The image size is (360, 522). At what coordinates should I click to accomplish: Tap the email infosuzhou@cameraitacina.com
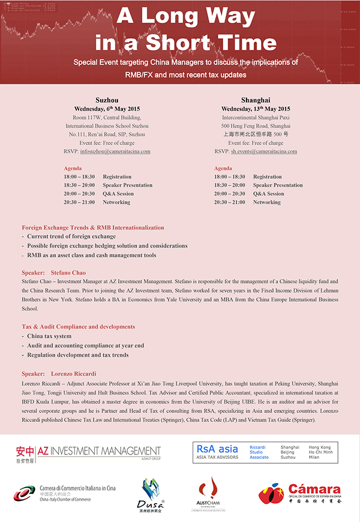pyautogui.click(x=115, y=151)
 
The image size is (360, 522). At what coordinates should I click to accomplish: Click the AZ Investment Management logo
pyautogui.click(x=88, y=453)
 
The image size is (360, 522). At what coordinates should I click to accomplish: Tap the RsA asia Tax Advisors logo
pyautogui.click(x=265, y=452)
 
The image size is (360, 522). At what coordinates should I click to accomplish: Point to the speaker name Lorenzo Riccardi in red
pyautogui.click(x=74, y=374)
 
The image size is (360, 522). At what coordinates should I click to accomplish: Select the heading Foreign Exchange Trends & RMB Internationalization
pyautogui.click(x=93, y=228)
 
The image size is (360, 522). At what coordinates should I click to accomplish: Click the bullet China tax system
pyautogui.click(x=49, y=336)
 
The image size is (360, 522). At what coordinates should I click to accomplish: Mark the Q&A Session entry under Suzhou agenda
pyautogui.click(x=118, y=194)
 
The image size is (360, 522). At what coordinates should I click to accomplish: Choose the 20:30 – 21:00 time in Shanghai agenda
pyautogui.click(x=229, y=202)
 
